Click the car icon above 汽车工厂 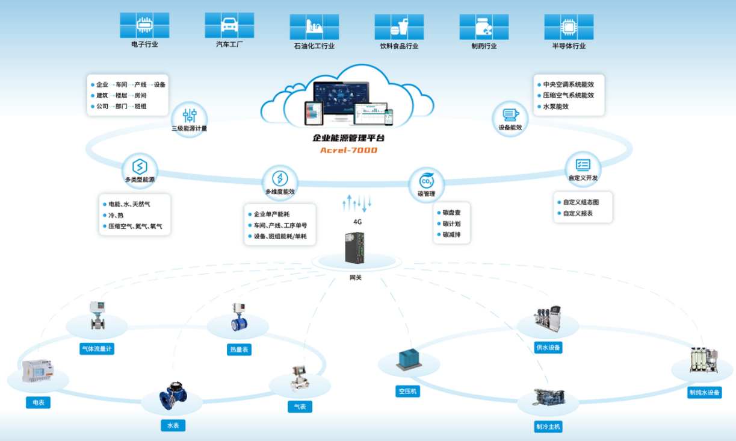click(229, 25)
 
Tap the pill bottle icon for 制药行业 click(484, 27)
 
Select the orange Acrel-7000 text click(348, 150)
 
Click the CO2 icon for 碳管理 click(427, 181)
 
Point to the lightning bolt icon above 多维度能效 click(280, 178)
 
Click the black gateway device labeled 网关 click(354, 248)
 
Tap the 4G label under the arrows click(357, 222)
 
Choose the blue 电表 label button click(38, 402)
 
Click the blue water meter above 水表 click(173, 396)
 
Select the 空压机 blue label click(407, 392)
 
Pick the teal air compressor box click(409, 360)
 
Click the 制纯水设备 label click(705, 392)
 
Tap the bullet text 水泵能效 click(555, 107)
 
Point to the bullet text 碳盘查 click(451, 213)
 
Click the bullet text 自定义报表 click(578, 213)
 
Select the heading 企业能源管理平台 click(348, 138)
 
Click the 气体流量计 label click(97, 349)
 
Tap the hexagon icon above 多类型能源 click(140, 166)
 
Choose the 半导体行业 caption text click(569, 46)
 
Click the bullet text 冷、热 click(116, 216)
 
